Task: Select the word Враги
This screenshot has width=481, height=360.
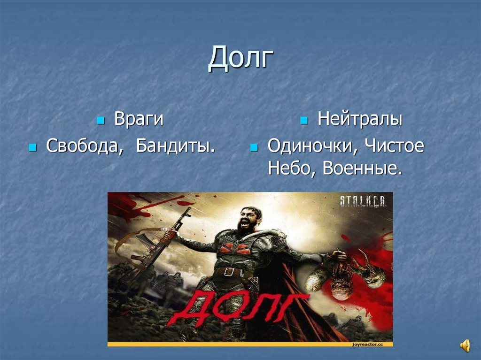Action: click(139, 119)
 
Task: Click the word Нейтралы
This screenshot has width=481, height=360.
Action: click(360, 119)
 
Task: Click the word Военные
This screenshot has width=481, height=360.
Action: click(363, 169)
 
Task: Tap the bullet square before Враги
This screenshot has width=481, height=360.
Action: click(100, 121)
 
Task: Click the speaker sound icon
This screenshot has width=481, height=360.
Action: click(465, 346)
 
